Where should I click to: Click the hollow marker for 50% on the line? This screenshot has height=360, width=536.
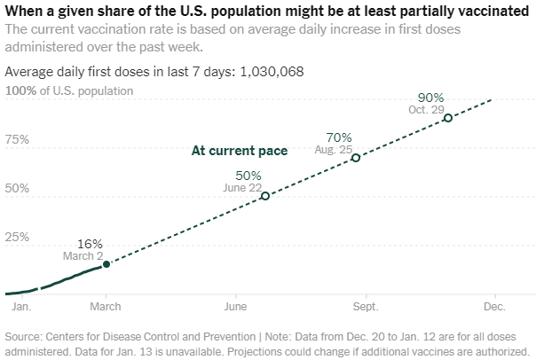264,195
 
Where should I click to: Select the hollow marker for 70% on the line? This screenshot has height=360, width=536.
356,158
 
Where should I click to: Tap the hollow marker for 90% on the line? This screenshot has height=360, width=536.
447,117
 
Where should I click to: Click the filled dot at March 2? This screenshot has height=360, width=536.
106,264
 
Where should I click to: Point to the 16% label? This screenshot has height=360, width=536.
91,244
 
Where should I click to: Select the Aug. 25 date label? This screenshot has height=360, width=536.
334,151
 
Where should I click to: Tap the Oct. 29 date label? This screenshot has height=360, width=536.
428,109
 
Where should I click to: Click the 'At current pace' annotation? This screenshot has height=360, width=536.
240,151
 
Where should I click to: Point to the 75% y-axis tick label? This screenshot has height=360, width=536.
18,140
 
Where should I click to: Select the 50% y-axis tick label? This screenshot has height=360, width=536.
18,189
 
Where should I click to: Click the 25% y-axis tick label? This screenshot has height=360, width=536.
18,238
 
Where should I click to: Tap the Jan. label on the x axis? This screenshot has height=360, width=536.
22,307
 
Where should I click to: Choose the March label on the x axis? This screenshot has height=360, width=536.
106,307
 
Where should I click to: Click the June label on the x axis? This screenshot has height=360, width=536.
236,307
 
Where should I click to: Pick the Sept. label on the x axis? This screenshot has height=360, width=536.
366,307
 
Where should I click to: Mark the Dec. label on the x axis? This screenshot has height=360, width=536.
494,307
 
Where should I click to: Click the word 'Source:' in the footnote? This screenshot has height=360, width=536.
25,336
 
